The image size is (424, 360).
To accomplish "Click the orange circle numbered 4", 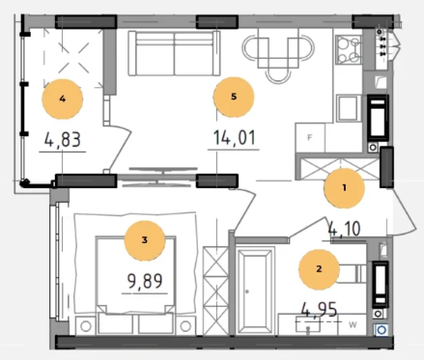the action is (63, 99).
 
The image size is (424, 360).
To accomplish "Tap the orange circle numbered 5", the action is (234, 97).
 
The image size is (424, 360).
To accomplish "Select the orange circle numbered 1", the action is (344, 188).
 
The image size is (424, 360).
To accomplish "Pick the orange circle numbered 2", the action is (319, 269).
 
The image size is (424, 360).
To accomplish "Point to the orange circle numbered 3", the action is (145, 240).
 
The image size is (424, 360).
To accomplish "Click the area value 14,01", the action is (235, 137).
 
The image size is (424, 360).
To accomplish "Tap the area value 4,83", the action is (63, 140).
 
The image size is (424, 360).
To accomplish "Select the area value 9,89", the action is (145, 282).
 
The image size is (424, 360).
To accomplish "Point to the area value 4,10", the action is (344, 229).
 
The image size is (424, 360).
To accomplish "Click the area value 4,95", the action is (319, 310).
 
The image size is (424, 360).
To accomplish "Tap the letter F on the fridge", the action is (310, 138).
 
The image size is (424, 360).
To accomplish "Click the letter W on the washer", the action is (353, 325).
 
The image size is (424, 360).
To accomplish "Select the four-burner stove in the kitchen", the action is (349, 49).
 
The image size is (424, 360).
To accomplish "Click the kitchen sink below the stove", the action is (348, 108).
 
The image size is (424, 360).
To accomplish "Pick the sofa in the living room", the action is (175, 53).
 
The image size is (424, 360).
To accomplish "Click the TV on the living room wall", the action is (163, 177).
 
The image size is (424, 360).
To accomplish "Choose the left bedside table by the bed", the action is (86, 325).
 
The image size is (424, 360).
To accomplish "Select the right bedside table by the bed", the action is (185, 325).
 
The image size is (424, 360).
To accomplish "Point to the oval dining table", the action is (278, 49).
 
